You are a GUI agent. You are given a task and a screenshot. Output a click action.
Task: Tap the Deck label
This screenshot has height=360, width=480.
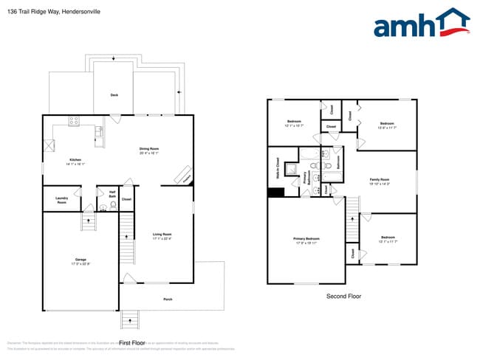pos(114,95)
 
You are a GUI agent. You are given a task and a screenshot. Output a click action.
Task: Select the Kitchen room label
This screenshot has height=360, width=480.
pos(75,162)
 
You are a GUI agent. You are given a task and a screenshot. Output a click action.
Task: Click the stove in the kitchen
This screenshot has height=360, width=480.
pos(75,120)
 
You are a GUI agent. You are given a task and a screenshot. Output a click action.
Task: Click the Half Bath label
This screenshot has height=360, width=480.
pos(112,195)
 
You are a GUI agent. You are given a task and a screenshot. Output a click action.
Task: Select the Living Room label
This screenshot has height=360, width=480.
pos(162,236)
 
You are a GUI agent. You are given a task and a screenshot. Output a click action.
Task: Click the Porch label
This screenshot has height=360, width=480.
pos(168,299)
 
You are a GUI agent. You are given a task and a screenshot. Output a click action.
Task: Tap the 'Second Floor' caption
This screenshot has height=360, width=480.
pos(343,296)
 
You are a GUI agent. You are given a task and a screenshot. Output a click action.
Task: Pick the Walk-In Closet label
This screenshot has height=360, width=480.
pos(278,169)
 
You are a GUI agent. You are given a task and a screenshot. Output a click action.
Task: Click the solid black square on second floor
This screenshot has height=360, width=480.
pos(276,193)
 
